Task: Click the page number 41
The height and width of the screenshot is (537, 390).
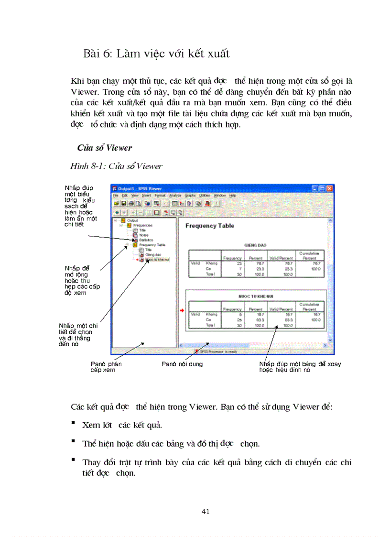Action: tap(206, 512)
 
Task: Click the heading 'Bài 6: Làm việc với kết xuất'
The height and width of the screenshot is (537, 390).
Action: tap(156, 54)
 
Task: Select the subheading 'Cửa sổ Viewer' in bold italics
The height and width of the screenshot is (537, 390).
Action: tap(105, 148)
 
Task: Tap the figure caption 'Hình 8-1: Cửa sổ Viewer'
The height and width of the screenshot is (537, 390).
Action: tap(116, 166)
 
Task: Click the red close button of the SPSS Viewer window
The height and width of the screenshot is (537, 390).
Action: tap(330, 188)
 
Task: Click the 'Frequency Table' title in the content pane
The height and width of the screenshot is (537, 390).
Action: tap(210, 226)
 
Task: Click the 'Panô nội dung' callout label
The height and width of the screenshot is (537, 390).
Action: tap(182, 364)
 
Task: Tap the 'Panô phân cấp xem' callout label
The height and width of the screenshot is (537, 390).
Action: tap(106, 367)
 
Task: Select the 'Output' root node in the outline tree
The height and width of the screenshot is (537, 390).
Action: tap(132, 220)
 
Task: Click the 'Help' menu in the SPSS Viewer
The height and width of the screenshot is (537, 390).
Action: tap(233, 196)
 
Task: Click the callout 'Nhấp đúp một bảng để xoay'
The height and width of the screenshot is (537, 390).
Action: tap(300, 364)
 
